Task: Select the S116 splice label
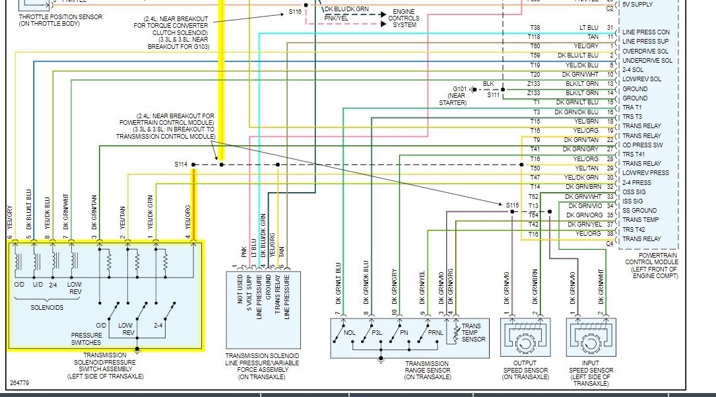[294, 12]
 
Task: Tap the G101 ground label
[459, 89]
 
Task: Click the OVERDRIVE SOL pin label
[645, 51]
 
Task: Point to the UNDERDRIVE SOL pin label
[647, 60]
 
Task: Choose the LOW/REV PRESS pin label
[645, 173]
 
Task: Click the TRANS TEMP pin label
[640, 220]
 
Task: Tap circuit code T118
[535, 37]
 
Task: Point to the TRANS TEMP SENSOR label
[473, 333]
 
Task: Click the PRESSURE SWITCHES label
[86, 339]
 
